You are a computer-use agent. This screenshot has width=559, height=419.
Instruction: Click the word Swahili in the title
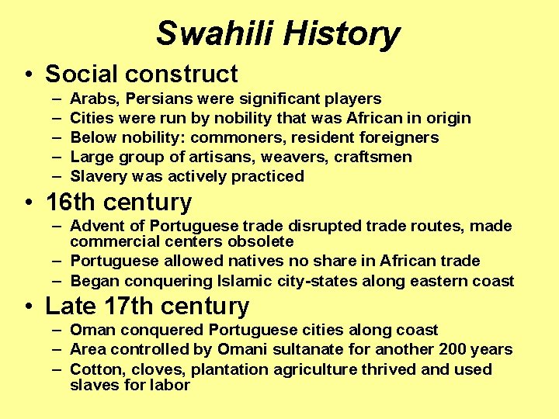[215, 34]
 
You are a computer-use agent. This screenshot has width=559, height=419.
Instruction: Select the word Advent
[95, 226]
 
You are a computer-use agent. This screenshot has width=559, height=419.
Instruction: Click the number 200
[453, 349]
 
